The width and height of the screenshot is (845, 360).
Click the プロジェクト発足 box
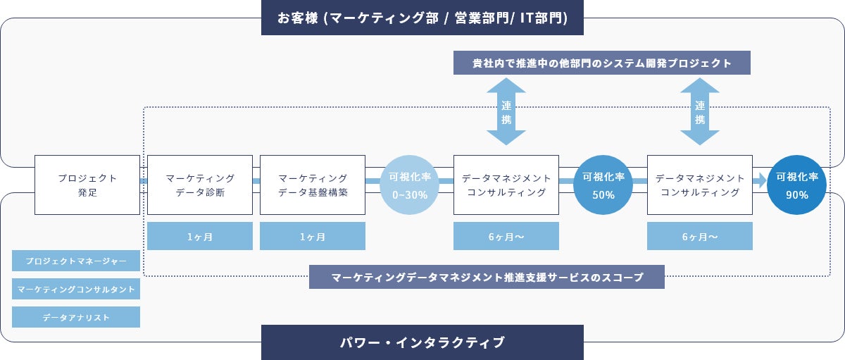(x=87, y=185)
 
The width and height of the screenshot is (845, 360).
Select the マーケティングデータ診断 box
(x=200, y=185)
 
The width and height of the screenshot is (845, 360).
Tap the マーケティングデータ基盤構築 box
(x=313, y=185)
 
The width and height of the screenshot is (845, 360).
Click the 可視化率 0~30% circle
(x=409, y=185)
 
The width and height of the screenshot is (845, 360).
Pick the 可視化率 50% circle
(x=603, y=185)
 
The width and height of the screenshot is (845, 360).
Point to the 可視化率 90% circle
(x=797, y=185)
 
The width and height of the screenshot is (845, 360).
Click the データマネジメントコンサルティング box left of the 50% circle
(x=506, y=185)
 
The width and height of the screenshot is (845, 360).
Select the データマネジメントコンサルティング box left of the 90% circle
(x=700, y=185)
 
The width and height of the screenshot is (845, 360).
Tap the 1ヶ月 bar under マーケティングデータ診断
(x=200, y=236)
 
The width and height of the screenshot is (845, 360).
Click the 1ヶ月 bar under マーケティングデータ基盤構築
(x=313, y=236)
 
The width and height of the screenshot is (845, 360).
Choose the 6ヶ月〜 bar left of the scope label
(x=506, y=236)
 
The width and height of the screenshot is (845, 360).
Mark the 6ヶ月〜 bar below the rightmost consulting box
(x=700, y=236)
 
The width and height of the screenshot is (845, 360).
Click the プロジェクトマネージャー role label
(x=76, y=261)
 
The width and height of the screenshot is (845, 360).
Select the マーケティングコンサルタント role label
(x=76, y=289)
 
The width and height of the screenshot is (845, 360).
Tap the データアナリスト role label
(x=76, y=317)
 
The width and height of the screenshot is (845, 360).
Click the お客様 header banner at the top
(x=423, y=18)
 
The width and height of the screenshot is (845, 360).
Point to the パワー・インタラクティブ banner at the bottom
(x=423, y=342)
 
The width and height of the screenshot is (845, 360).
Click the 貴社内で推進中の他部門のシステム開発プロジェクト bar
(x=602, y=63)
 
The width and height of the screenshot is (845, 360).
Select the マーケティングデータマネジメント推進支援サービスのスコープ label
(x=487, y=277)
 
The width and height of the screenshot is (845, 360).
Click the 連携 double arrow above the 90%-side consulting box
(x=700, y=111)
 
